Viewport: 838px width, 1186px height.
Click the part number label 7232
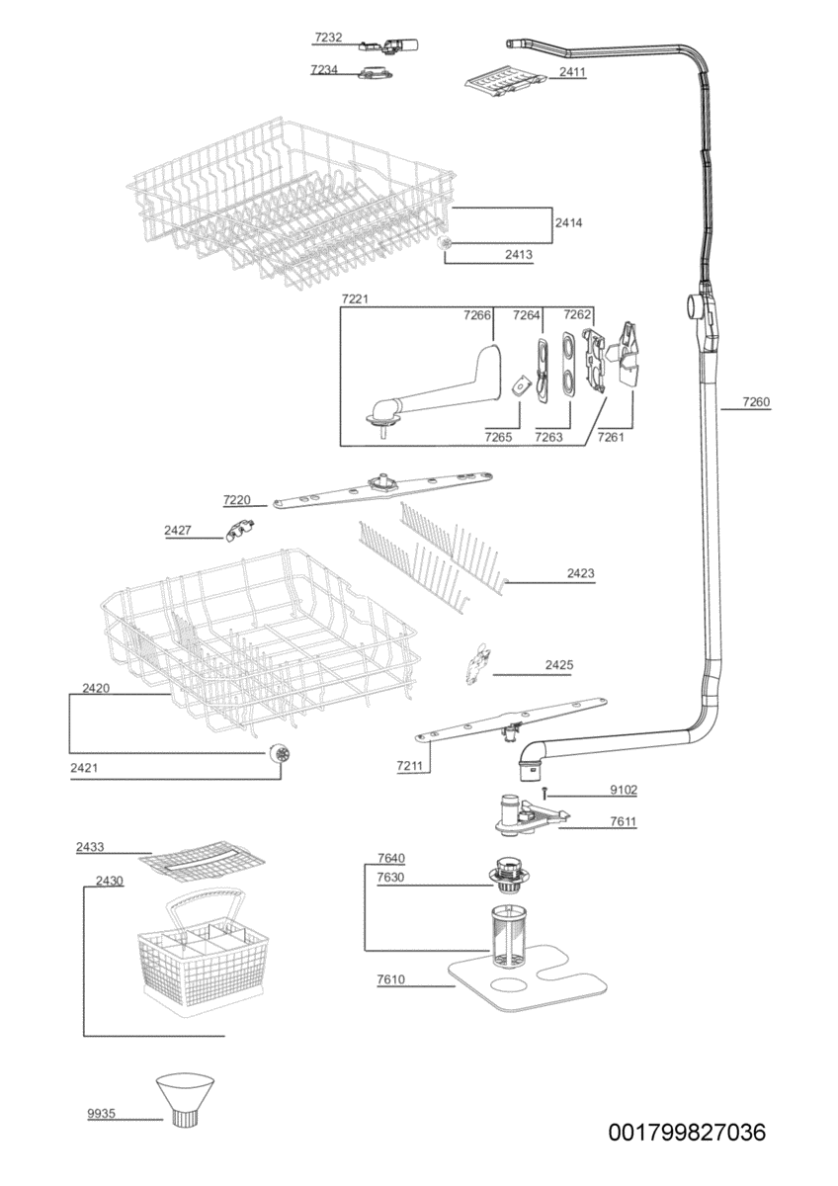click(328, 38)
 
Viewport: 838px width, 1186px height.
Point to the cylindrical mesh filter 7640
click(512, 934)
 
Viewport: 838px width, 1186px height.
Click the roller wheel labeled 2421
click(283, 755)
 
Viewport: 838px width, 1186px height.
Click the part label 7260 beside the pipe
click(756, 402)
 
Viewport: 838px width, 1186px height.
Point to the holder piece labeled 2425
click(478, 664)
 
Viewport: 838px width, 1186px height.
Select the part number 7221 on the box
click(355, 297)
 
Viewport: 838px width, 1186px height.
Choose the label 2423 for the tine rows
click(581, 573)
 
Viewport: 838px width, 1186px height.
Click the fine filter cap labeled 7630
click(510, 875)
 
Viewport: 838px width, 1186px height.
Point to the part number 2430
click(110, 881)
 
